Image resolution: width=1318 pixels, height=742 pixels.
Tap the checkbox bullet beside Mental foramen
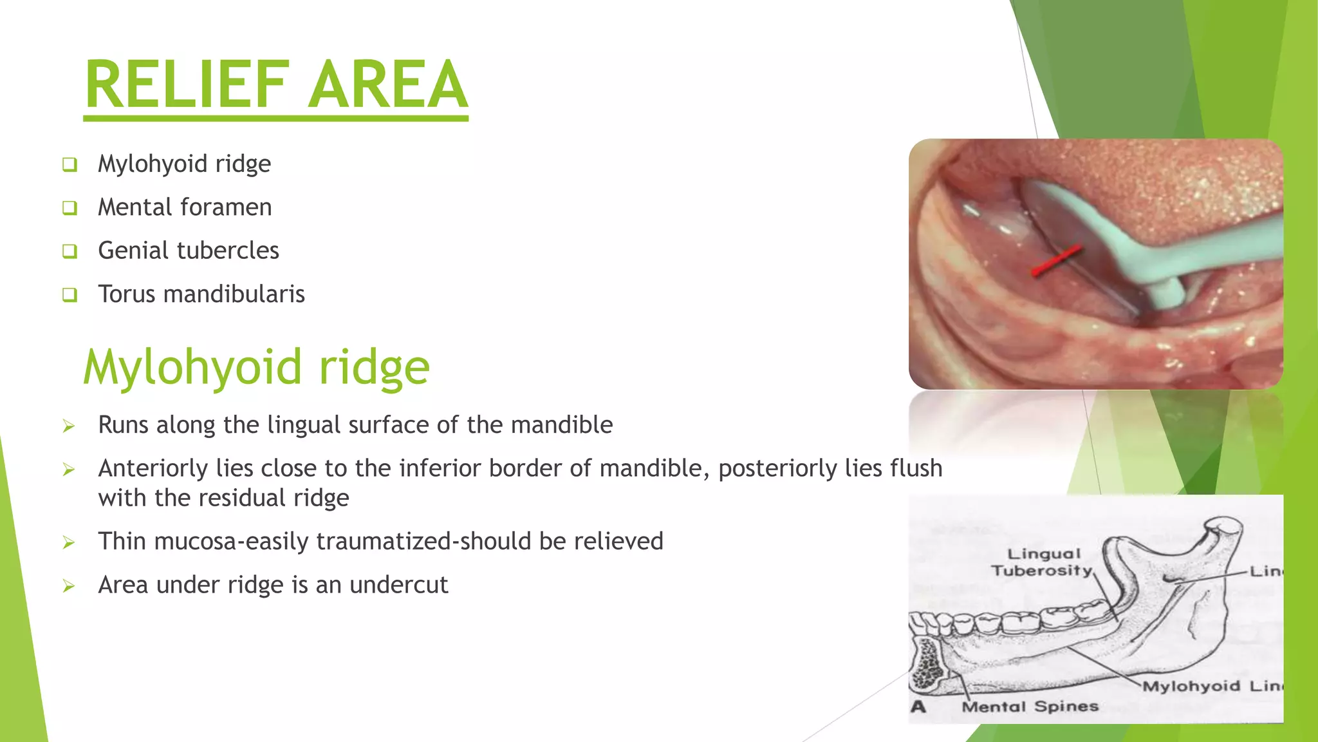pos(70,208)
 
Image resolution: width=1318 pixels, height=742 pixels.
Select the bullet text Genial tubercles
pos(188,250)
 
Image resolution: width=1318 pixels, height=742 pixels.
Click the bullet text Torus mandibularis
pos(201,294)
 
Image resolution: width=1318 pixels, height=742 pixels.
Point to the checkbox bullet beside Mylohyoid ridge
pos(70,165)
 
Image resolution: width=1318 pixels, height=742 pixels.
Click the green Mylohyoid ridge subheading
pos(256,367)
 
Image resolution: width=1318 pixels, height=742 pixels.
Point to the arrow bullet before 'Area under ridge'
pos(69,586)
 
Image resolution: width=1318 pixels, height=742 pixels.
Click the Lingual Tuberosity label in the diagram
pos(1043,562)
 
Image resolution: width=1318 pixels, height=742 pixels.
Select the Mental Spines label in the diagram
pos(1030,707)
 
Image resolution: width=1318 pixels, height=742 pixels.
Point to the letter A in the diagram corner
pos(918,707)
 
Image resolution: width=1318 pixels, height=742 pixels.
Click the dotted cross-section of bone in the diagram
pos(927,663)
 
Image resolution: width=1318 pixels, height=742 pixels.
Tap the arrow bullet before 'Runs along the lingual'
pos(69,426)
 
